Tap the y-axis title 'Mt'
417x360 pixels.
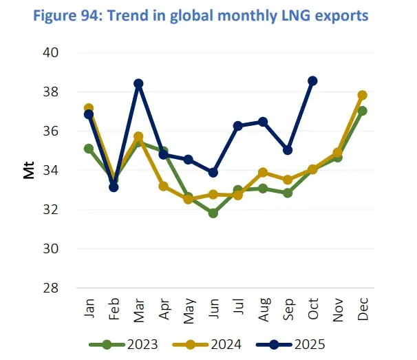coord(29,170)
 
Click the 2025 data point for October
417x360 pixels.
coord(312,81)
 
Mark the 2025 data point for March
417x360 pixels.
coord(138,83)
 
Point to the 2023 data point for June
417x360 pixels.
coord(213,213)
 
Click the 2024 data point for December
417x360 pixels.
coord(363,95)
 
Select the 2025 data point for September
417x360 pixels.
coord(288,150)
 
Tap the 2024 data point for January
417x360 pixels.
coord(89,108)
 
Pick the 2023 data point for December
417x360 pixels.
coord(363,111)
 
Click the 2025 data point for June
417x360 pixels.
coord(213,173)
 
